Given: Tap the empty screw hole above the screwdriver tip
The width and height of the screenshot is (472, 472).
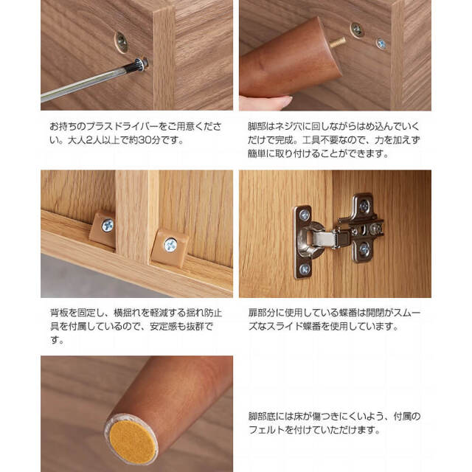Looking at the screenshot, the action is pyautogui.click(x=121, y=43).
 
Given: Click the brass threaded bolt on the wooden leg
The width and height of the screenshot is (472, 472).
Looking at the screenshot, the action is pyautogui.click(x=338, y=43).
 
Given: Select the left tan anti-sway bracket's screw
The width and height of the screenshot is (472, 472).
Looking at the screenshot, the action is pyautogui.click(x=108, y=226).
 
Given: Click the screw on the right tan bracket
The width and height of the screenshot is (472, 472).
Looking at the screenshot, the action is pyautogui.click(x=170, y=246).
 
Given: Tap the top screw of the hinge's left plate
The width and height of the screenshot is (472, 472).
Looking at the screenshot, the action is pyautogui.click(x=305, y=215).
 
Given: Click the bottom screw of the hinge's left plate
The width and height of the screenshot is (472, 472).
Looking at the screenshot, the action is pyautogui.click(x=305, y=268).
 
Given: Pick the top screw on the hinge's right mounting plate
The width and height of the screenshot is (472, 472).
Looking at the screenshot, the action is pyautogui.click(x=364, y=206).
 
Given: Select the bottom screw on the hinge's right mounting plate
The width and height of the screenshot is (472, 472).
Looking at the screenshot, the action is pyautogui.click(x=364, y=249).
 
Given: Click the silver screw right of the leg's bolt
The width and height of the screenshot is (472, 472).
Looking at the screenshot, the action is pyautogui.click(x=381, y=44).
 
